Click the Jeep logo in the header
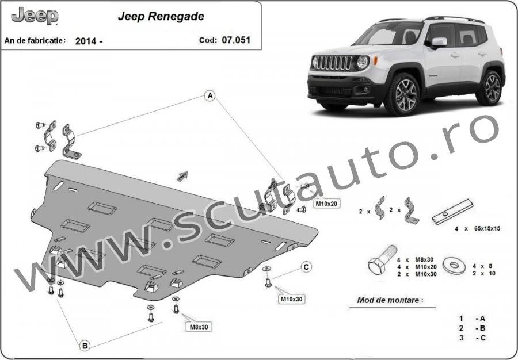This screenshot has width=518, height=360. coord(35,16)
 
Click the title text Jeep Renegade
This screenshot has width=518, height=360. coord(161,17)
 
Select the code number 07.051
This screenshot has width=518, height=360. coord(238,40)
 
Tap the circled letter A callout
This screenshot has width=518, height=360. coord(211,95)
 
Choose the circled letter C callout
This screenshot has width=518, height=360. coord(307,266)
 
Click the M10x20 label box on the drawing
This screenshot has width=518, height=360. coord(325,204)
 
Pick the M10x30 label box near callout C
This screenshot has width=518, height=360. coord(291,299)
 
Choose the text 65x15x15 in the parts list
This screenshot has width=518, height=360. coord(485,228)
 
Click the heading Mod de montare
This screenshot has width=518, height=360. coord(389,300)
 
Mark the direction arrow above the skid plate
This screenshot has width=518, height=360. coord(182,175)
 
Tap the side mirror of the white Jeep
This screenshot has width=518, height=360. coord(439,43)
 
